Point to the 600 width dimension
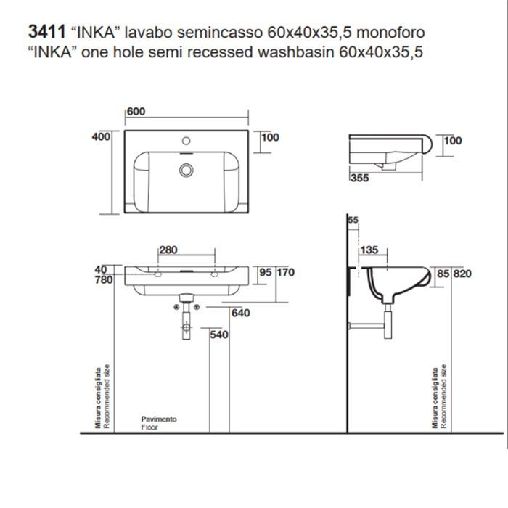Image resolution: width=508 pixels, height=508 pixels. [136, 112]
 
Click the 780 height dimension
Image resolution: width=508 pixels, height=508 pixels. [103, 279]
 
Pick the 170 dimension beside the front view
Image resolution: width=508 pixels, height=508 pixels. [285, 273]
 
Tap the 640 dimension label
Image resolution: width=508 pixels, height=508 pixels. [241, 314]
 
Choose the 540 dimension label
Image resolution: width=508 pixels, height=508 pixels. [219, 335]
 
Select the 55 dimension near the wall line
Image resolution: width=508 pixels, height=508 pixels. [353, 220]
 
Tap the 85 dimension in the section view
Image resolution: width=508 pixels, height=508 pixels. [442, 274]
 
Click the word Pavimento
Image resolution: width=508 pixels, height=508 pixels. [158, 419]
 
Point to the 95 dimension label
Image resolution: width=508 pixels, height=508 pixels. [266, 273]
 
